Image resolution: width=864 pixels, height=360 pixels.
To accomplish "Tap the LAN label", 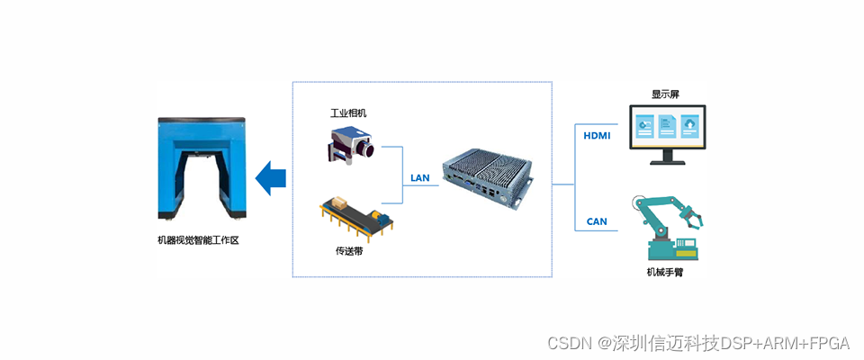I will (x=419, y=177).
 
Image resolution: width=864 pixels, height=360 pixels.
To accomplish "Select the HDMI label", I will (x=597, y=136).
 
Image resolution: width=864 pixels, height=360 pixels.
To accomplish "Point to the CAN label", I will (x=597, y=221).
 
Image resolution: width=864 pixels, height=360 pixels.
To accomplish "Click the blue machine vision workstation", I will (x=202, y=170).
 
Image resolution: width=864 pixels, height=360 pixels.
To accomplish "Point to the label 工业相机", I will (x=348, y=113).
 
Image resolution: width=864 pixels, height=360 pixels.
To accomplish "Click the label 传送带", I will (x=349, y=250).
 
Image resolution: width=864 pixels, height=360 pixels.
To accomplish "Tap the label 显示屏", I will (x=666, y=94).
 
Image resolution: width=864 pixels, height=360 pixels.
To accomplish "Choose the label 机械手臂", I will (x=664, y=272).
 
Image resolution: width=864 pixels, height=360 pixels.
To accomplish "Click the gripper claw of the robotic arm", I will (x=693, y=216).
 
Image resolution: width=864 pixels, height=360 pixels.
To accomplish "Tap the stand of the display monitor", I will (x=667, y=157).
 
